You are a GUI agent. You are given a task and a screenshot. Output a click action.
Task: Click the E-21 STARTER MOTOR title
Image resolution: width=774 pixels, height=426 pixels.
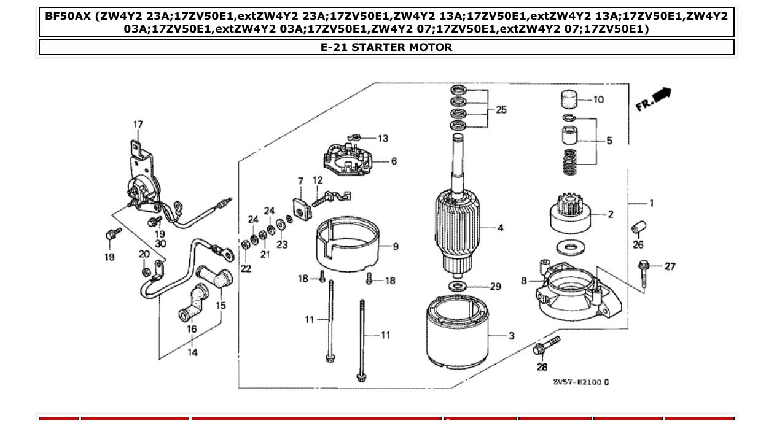[386, 47]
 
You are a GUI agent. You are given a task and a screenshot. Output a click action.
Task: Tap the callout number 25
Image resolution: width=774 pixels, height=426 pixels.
[501, 110]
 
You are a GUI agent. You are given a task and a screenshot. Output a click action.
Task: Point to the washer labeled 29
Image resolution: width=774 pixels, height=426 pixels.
[457, 286]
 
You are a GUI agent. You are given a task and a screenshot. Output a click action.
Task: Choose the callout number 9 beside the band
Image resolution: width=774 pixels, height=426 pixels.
[396, 247]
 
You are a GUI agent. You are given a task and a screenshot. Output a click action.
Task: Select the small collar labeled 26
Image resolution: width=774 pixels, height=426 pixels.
[637, 229]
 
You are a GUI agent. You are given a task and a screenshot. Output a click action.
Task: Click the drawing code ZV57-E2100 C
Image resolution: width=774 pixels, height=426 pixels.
[580, 382]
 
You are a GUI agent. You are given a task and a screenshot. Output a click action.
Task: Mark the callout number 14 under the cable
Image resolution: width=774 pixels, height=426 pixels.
[192, 352]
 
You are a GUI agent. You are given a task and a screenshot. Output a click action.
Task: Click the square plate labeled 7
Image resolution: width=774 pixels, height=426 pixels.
[301, 209]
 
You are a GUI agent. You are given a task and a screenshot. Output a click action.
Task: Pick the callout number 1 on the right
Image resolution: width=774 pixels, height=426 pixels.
[651, 203]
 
